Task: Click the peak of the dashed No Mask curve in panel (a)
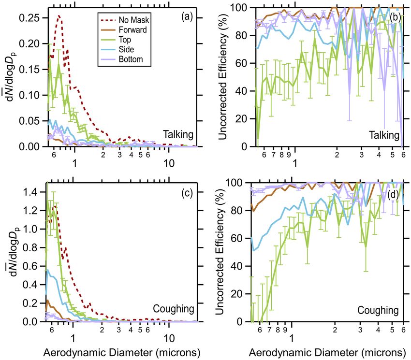(59, 15)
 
